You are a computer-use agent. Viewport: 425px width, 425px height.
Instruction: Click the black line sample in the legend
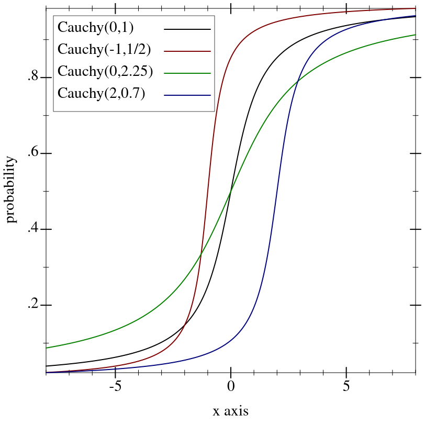click(187, 29)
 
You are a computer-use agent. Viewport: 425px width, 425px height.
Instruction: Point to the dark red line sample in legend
click(187, 51)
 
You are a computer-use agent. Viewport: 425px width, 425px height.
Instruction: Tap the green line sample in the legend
click(187, 73)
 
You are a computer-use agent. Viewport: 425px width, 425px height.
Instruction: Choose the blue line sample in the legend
click(187, 95)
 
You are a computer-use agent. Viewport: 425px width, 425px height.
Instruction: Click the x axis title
click(231, 411)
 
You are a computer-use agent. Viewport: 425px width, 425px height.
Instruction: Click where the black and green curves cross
click(231, 192)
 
